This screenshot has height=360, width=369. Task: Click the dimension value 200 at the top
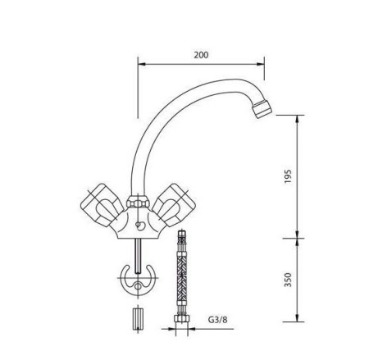click(x=201, y=55)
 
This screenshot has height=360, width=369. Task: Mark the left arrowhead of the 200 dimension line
click(x=139, y=64)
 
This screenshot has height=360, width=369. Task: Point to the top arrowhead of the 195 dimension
click(x=296, y=116)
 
